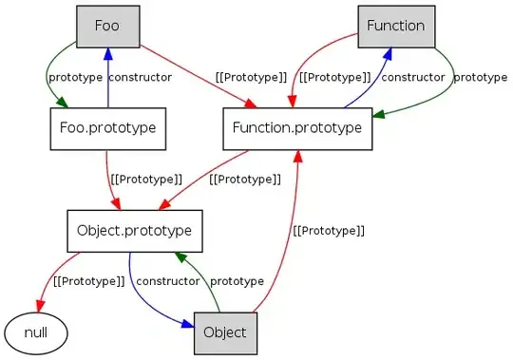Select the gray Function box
coord(396,26)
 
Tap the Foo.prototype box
coord(106,127)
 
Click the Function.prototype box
coord(297,127)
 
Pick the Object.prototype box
coord(135,230)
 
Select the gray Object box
coord(225,332)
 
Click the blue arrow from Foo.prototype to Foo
coord(106,76)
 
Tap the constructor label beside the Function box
coord(412,76)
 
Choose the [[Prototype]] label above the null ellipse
coord(88,281)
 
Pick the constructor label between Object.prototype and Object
coord(166,281)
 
